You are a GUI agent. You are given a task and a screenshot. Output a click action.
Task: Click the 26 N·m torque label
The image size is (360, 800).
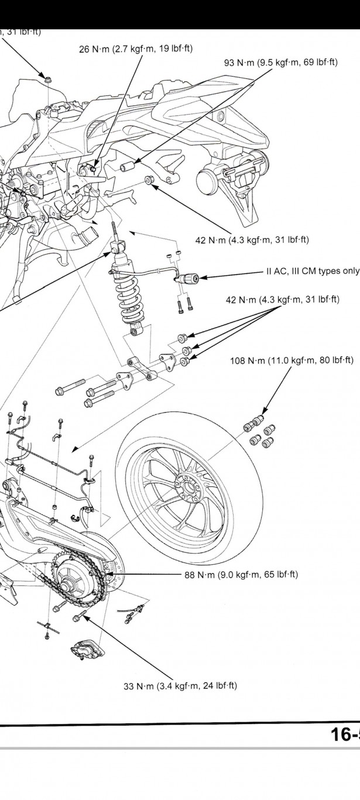pyautogui.click(x=135, y=49)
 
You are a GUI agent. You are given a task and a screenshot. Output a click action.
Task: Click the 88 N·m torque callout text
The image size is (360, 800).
pyautogui.click(x=241, y=575)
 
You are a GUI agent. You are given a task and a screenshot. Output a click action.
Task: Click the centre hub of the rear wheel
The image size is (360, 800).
pyautogui.click(x=188, y=486)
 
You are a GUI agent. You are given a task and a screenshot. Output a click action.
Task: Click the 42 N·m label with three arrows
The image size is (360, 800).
pyautogui.click(x=282, y=300)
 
